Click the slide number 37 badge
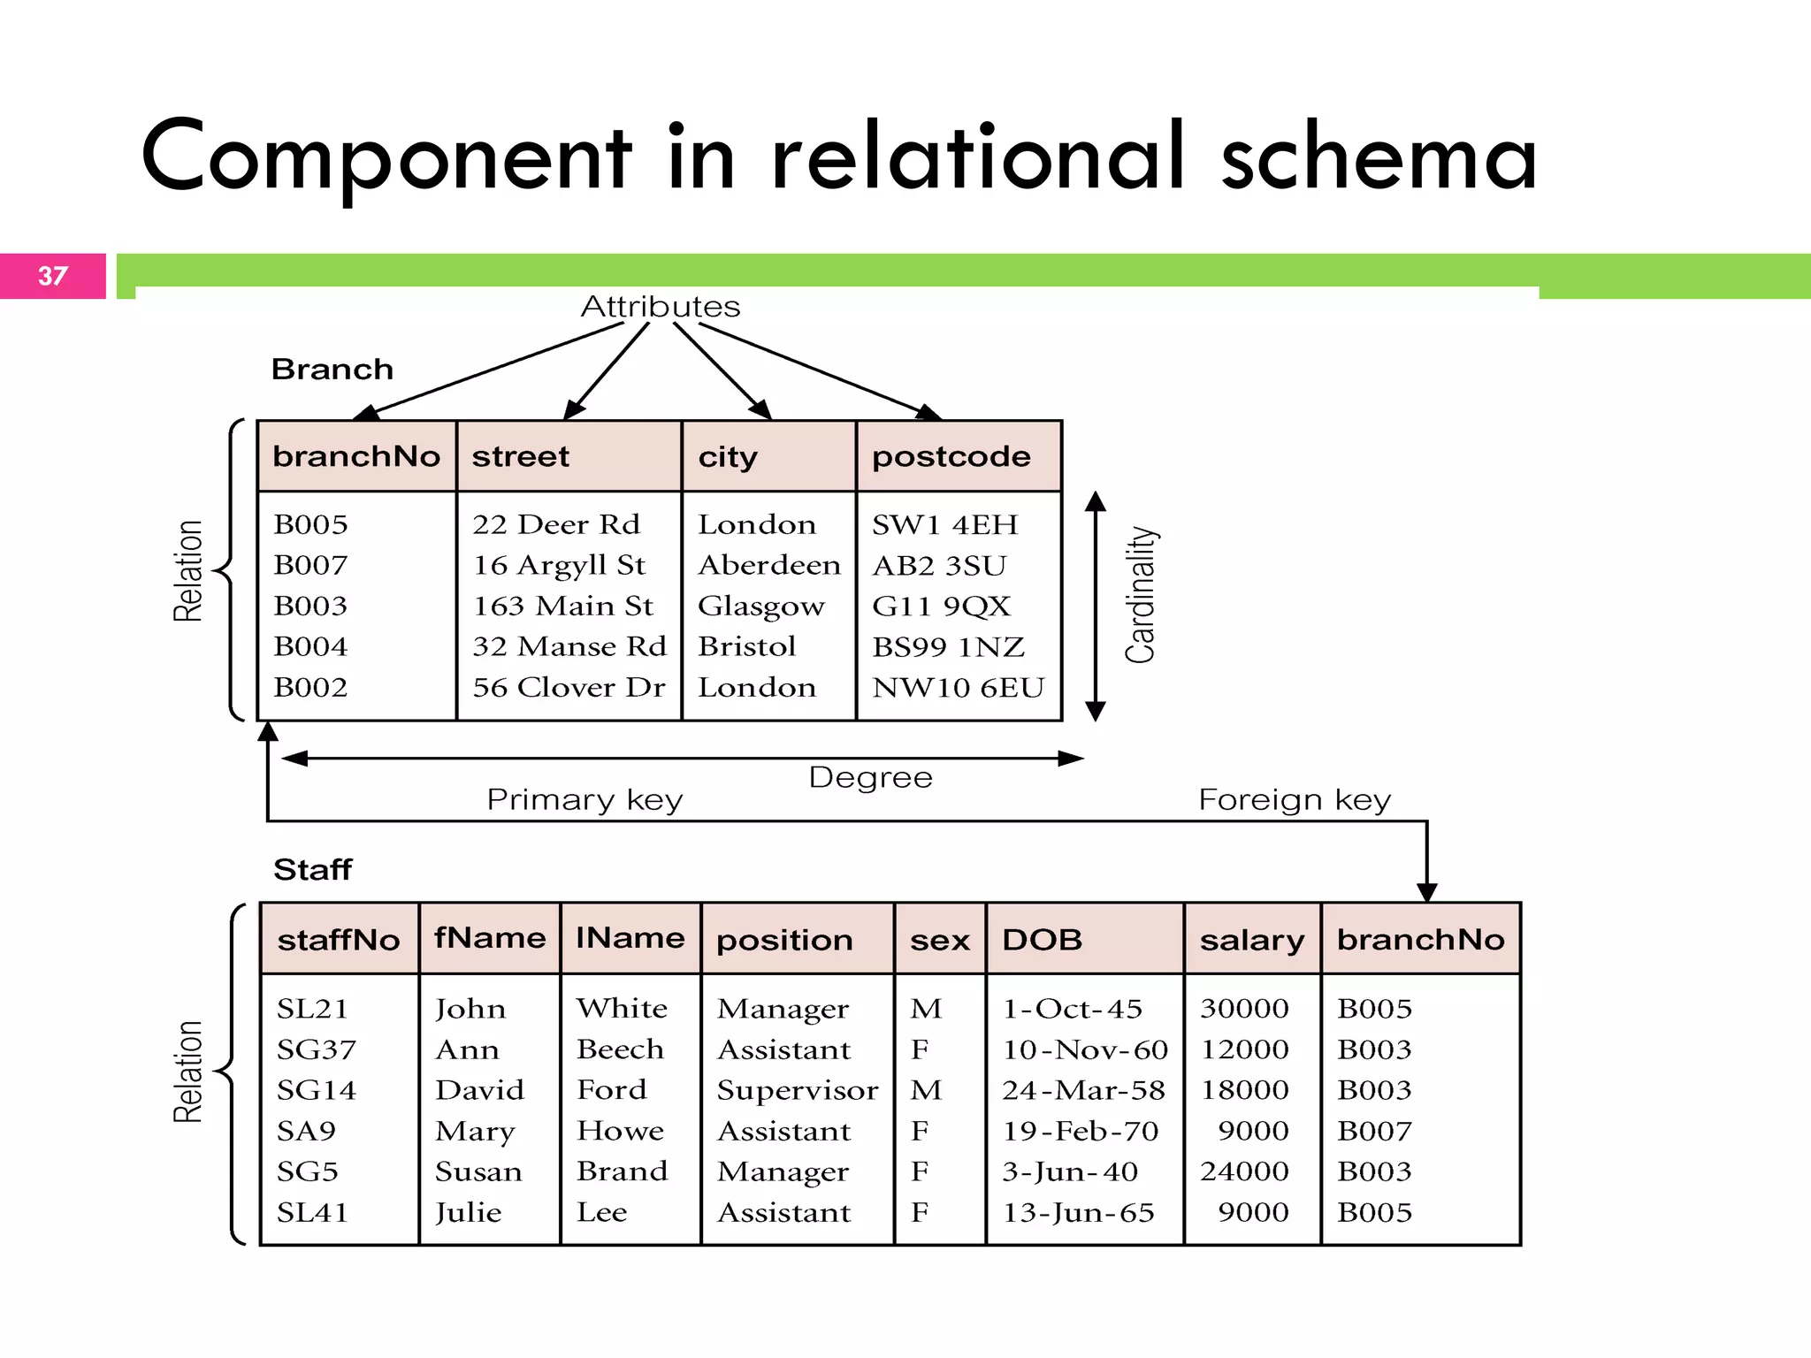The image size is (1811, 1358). pos(53,276)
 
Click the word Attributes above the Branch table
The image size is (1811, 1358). pos(660,307)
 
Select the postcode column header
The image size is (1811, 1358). pos(951,456)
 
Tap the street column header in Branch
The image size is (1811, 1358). pos(520,456)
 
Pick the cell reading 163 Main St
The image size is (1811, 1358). pos(562,606)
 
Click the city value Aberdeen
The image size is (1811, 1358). pos(768,565)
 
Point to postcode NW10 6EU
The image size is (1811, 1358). pos(958,687)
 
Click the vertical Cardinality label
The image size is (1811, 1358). pos(1141,594)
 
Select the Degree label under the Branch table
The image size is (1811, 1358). pos(870,777)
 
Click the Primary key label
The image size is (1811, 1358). pos(585,799)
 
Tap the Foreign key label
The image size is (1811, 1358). pos(1294,799)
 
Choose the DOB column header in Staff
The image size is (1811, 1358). pos(1042,939)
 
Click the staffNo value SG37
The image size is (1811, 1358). pos(316,1049)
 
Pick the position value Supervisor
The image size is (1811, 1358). pos(797,1090)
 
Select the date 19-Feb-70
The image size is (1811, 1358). pos(1080,1131)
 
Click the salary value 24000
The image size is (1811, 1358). pos(1244,1171)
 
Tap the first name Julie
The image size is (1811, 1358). pos(468,1212)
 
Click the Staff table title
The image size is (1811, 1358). pos(312,869)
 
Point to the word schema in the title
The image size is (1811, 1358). pos(1379,157)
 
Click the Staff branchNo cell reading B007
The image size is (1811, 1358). pos(1374,1131)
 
